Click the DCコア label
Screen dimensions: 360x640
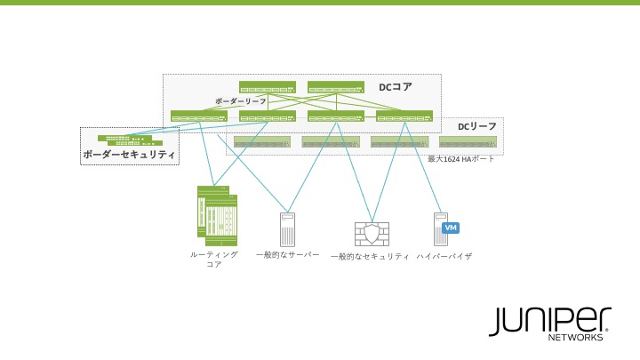(396, 87)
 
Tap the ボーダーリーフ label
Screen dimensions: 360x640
(240, 102)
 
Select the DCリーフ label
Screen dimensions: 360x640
(477, 127)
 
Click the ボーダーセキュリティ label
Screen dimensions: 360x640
(129, 156)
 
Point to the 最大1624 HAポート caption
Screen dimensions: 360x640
(461, 158)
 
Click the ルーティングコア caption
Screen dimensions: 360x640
(214, 260)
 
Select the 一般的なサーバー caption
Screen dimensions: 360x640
(287, 255)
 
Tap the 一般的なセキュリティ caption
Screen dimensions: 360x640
(370, 257)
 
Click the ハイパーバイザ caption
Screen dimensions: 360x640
(444, 256)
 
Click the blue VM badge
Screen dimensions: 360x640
(451, 228)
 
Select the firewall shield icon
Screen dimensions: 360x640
(372, 234)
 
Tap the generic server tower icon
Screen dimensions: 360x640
(286, 229)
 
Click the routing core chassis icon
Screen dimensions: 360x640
(216, 216)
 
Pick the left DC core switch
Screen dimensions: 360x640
(268, 87)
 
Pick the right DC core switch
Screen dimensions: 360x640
(336, 87)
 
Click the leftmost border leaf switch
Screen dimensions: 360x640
(199, 116)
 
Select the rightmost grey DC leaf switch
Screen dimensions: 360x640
(468, 141)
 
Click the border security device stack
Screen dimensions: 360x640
(130, 140)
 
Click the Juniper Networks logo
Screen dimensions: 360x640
(549, 324)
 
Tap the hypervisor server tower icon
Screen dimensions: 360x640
(438, 228)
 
